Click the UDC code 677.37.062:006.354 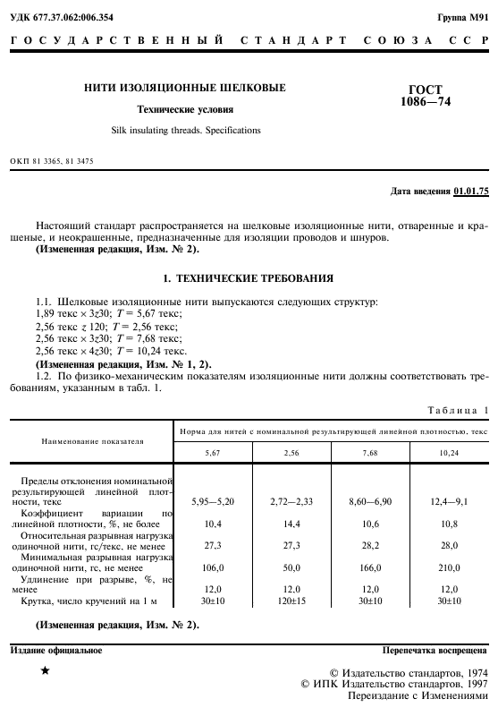tap(67, 17)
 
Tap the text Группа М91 tap(462, 17)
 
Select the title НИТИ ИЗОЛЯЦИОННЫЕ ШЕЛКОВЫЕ tap(185, 88)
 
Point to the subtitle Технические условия tap(185, 110)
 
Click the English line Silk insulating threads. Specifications tap(185, 131)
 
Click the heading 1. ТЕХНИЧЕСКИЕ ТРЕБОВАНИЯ tap(249, 278)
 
